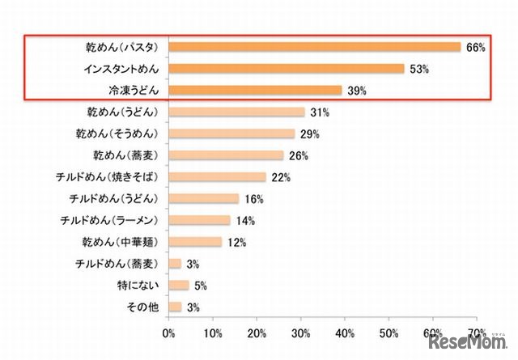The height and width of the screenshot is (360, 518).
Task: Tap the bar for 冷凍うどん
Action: point(255,91)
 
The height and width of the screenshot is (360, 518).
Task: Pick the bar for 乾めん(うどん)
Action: point(236,112)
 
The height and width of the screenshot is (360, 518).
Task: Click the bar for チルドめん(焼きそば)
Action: point(217,176)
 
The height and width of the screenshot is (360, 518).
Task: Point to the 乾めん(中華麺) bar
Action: point(195,241)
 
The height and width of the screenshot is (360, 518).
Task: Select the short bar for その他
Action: point(175,307)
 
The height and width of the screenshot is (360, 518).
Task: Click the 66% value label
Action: point(475,48)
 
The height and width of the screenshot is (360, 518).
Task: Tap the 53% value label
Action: point(418,70)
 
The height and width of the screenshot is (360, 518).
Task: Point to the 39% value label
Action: point(356,91)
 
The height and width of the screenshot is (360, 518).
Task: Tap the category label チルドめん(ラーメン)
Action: point(114,220)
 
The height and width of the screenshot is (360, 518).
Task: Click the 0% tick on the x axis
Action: point(169,332)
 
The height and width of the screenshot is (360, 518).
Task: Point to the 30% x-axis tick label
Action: point(301,332)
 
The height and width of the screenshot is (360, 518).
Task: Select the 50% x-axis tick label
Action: point(389,332)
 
